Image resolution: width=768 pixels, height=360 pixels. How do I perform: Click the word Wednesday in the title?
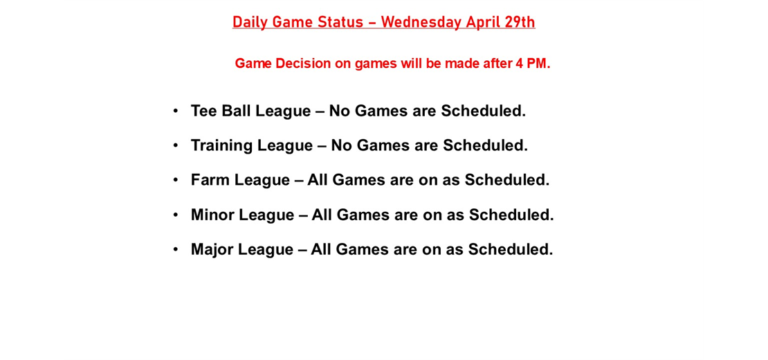pos(421,22)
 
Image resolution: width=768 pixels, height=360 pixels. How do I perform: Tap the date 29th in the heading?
pos(520,22)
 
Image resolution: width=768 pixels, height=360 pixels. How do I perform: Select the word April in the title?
pos(484,22)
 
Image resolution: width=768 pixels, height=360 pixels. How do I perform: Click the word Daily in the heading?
pos(250,22)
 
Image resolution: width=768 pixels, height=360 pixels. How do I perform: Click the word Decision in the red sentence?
pos(303,64)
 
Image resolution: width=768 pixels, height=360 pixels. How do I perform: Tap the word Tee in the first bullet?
pos(203,111)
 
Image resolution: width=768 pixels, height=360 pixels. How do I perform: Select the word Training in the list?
pos(221,145)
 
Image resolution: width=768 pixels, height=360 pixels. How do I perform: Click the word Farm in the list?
pos(210,180)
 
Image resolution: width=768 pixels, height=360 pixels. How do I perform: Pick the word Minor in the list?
pos(212,215)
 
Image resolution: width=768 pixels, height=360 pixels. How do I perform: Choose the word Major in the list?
pos(212,249)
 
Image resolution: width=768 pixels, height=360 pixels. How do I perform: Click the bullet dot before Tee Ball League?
pos(176,111)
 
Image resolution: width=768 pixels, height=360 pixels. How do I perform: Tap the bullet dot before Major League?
pos(176,249)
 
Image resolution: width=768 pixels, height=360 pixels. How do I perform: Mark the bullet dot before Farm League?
pos(176,180)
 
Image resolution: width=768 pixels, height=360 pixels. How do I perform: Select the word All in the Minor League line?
pos(323,215)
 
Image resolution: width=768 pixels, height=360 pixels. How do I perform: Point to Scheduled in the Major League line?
pos(510,249)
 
